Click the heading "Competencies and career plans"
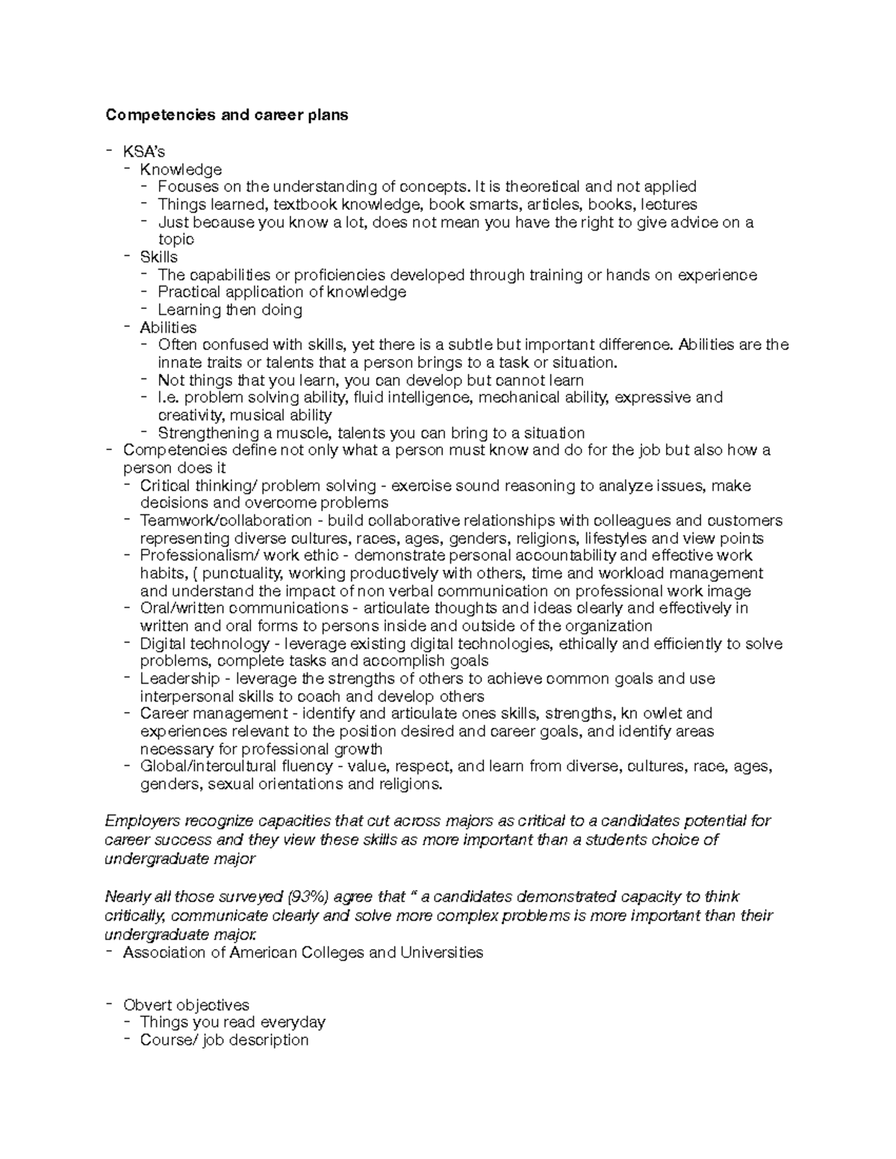click(x=226, y=116)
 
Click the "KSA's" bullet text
click(x=144, y=152)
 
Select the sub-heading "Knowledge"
click(x=181, y=170)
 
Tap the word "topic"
click(x=175, y=240)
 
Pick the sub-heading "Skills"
click(x=158, y=257)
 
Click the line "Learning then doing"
click(x=229, y=310)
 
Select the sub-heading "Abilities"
click(x=168, y=328)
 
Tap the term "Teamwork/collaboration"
click(x=225, y=520)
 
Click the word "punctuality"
click(x=242, y=573)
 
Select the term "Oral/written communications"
click(x=244, y=608)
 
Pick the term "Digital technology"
click(x=205, y=643)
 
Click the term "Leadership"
click(x=180, y=678)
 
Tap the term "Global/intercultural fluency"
click(x=236, y=766)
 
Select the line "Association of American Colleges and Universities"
click(x=302, y=952)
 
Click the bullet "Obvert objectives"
click(x=186, y=1005)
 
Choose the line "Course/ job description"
click(x=224, y=1040)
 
